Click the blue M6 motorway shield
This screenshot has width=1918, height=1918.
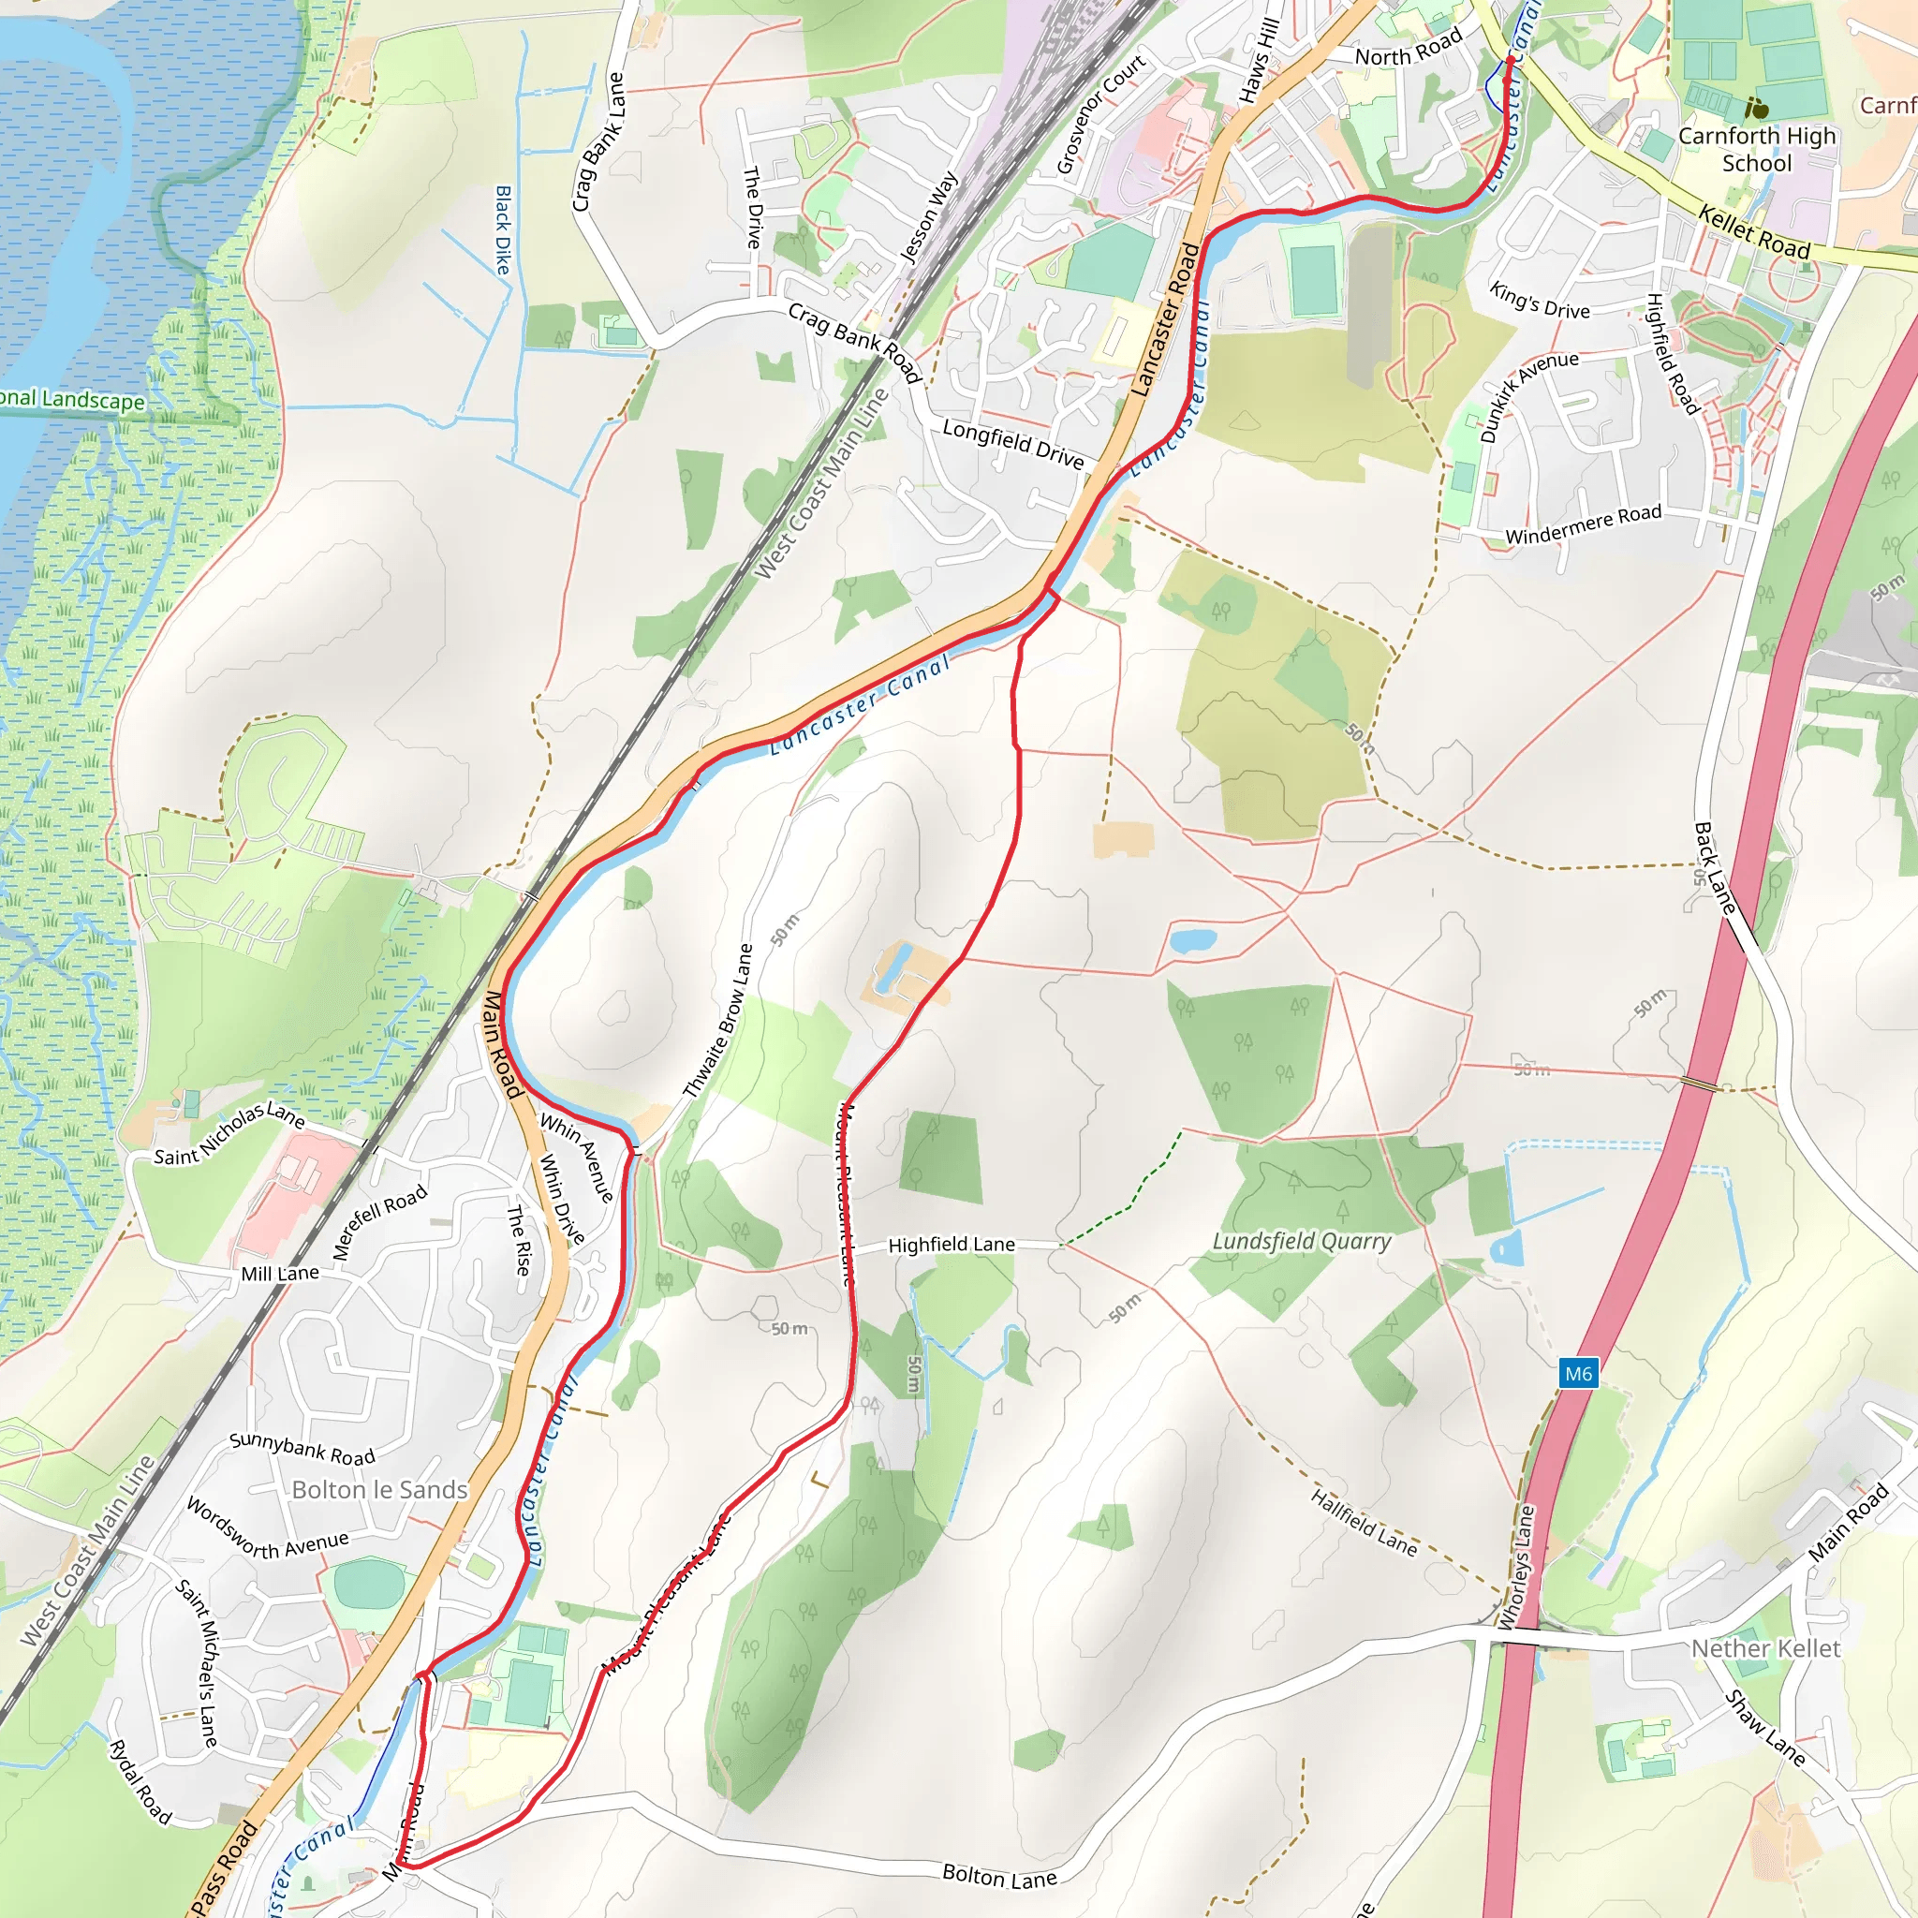1577,1374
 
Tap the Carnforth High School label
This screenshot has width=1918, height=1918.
1756,149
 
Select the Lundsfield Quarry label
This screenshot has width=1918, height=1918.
1302,1241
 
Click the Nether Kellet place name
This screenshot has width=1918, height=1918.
1765,1649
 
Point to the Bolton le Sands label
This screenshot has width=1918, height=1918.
379,1490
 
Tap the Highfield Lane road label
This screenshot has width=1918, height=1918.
952,1245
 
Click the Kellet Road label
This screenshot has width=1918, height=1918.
1754,231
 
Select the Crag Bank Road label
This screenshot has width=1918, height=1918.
855,343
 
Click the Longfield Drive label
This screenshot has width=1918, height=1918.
1012,443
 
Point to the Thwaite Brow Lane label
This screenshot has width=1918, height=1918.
717,1022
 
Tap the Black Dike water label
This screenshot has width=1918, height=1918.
503,230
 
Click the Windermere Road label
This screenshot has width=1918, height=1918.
1584,524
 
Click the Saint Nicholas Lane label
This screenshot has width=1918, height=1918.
229,1133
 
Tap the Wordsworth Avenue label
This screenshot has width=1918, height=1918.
267,1528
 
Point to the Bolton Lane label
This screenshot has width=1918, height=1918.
999,1875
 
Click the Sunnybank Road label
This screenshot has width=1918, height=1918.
302,1449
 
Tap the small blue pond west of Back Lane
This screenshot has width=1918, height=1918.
1192,939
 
